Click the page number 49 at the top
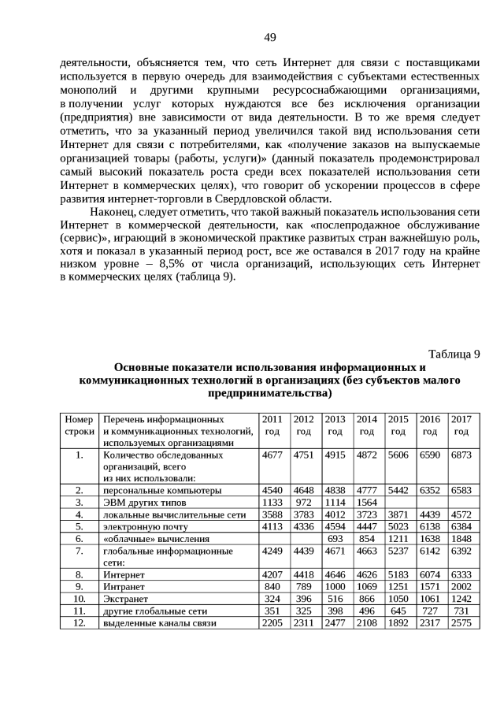pyautogui.click(x=269, y=37)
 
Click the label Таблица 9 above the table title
pyautogui.click(x=454, y=352)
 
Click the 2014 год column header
pyautogui.click(x=367, y=425)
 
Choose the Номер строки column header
pyautogui.click(x=79, y=425)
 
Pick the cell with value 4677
pyautogui.click(x=272, y=455)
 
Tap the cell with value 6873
pyautogui.click(x=461, y=455)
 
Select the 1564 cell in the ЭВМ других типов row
pyautogui.click(x=367, y=502)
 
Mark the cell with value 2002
pyautogui.click(x=461, y=587)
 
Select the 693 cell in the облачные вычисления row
pyautogui.click(x=335, y=538)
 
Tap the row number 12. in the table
pyautogui.click(x=79, y=622)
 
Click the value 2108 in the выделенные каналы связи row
pyautogui.click(x=367, y=622)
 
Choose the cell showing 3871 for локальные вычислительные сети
pyautogui.click(x=398, y=514)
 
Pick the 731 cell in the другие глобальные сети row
pyautogui.click(x=461, y=611)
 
